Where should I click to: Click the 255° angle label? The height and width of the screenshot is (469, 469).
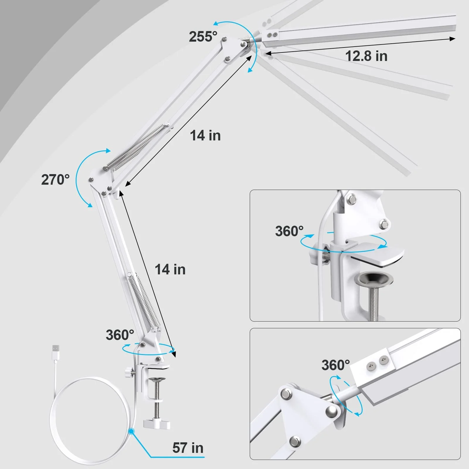[203, 37]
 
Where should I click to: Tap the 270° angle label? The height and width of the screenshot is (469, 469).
[55, 180]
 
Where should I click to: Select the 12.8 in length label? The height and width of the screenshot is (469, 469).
[366, 56]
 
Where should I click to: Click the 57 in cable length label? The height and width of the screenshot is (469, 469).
[188, 448]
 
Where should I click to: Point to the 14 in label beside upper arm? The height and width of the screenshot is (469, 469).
[205, 135]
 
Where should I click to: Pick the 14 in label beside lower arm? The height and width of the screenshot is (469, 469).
[170, 269]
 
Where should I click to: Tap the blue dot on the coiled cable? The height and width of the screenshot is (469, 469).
[131, 431]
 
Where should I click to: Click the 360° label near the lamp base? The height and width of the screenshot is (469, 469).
[120, 335]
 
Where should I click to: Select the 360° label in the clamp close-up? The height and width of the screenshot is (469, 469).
[289, 231]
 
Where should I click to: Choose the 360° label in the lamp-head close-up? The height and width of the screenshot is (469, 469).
[336, 365]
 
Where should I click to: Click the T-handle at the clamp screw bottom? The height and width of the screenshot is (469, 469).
[157, 424]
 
